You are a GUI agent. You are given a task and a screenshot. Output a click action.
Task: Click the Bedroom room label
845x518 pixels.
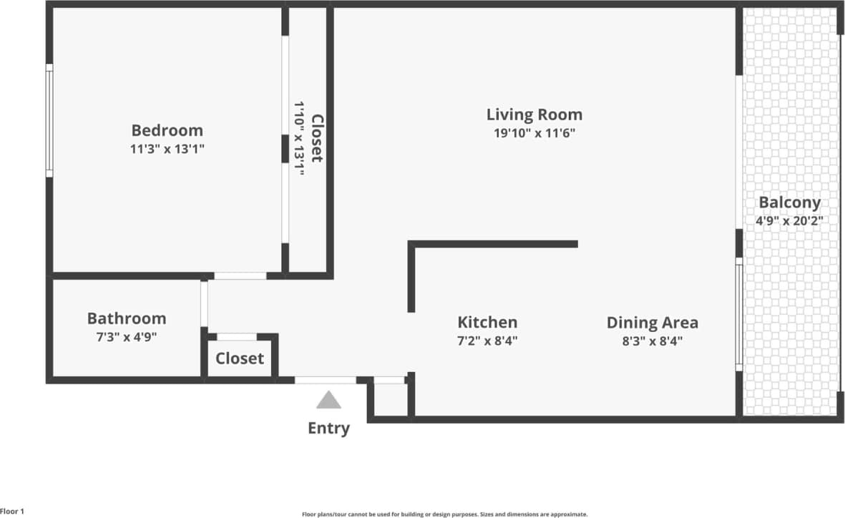[167, 130]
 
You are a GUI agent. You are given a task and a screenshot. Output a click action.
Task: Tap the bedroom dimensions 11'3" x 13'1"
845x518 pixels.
[167, 150]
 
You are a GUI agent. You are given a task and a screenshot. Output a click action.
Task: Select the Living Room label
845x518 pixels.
[534, 114]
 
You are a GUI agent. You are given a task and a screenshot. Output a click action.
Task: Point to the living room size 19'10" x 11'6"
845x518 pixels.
[534, 133]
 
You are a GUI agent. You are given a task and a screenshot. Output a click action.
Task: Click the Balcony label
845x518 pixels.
[789, 202]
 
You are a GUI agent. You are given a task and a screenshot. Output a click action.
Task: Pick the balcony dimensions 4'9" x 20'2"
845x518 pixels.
[789, 221]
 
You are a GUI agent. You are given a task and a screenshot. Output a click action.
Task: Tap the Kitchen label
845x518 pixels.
[487, 322]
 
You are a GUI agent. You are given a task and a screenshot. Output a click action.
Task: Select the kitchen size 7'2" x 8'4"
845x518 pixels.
[487, 341]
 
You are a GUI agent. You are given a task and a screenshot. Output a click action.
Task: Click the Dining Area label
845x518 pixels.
[652, 322]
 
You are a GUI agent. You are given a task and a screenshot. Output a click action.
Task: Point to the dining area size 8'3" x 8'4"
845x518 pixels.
[652, 341]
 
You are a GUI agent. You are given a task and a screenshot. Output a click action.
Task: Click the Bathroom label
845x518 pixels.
[127, 318]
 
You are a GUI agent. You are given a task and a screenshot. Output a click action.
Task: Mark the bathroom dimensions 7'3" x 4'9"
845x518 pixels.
[127, 337]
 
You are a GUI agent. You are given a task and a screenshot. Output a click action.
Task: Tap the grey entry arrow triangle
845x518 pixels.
[328, 400]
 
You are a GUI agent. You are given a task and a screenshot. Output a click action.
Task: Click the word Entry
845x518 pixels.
[328, 429]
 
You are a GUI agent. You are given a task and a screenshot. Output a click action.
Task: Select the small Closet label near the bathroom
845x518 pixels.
[240, 358]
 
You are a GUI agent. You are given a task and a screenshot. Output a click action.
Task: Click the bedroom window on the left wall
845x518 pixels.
[49, 120]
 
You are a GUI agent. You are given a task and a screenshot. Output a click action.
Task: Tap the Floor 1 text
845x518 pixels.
[13, 512]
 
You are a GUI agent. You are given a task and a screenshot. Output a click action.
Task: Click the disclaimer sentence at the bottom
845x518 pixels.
[444, 514]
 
